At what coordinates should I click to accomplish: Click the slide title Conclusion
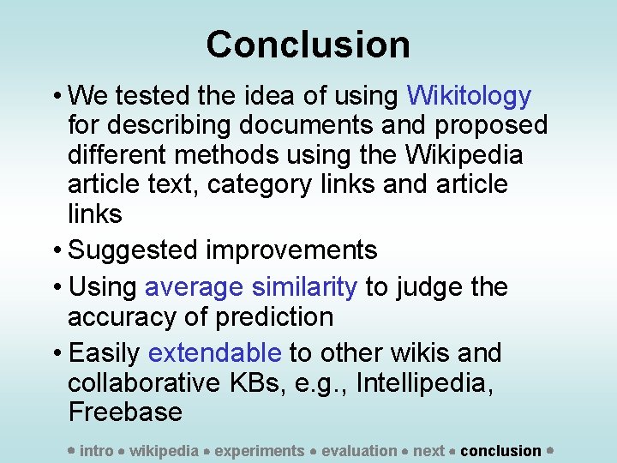click(x=308, y=45)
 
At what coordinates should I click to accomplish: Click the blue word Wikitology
click(x=469, y=95)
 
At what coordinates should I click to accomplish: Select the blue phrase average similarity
click(x=251, y=286)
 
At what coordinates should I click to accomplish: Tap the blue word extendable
click(x=214, y=352)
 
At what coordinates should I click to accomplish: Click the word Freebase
click(x=125, y=412)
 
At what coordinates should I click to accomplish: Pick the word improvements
click(x=291, y=250)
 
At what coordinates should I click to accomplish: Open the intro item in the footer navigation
click(x=96, y=450)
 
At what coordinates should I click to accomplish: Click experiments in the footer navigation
click(x=259, y=450)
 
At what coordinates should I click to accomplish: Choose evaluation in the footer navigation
click(x=359, y=450)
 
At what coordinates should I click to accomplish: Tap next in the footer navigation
click(x=428, y=450)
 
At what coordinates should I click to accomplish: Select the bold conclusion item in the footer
click(x=500, y=450)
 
